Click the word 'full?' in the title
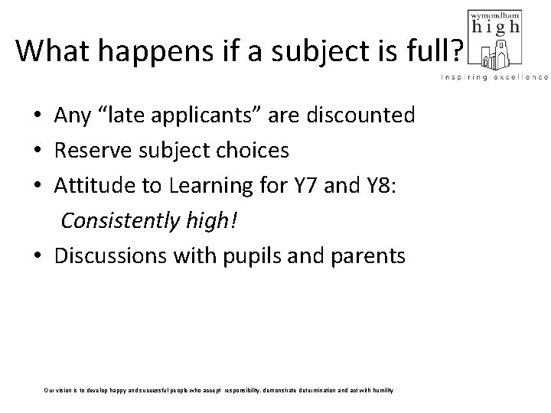click(x=436, y=51)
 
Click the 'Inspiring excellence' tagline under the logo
click(x=494, y=77)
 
